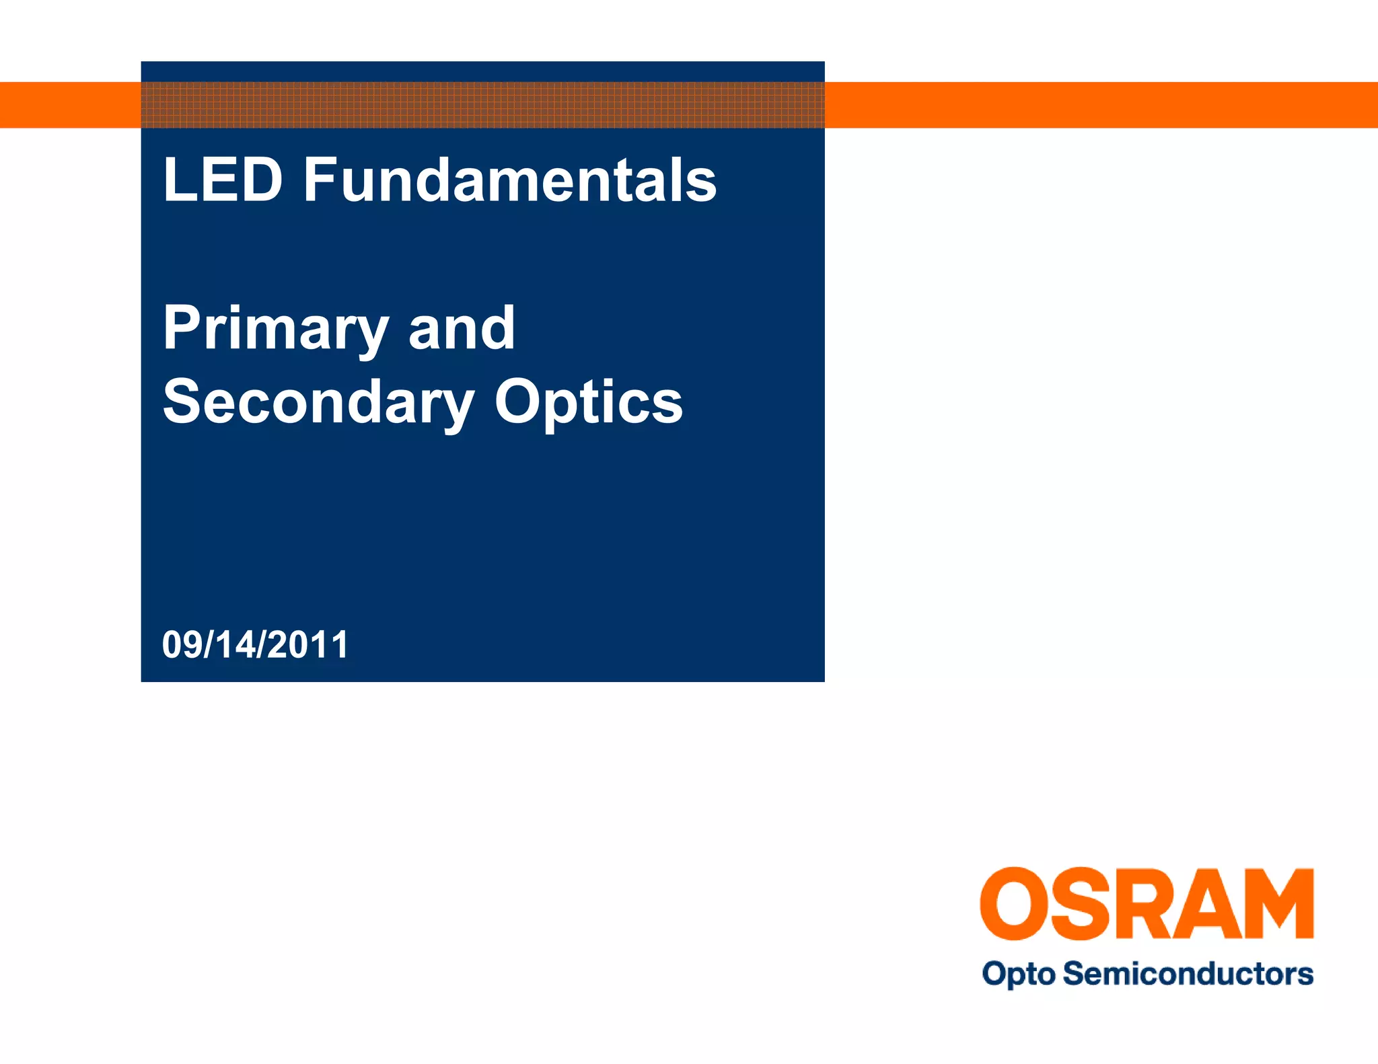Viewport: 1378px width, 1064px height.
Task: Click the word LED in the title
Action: [x=222, y=180]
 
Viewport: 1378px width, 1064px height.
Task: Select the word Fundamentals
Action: [x=509, y=180]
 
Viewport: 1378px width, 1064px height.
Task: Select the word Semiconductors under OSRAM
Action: [x=1188, y=973]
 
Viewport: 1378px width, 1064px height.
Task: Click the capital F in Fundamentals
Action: [x=320, y=180]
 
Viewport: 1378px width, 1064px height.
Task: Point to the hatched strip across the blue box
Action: [x=482, y=105]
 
